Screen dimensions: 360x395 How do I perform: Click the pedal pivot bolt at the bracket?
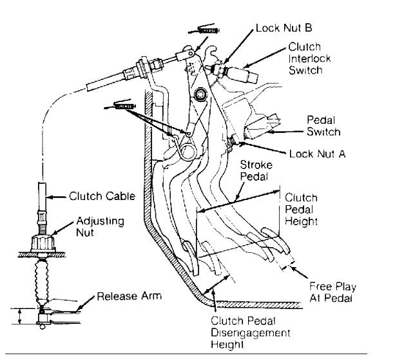click(202, 95)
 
